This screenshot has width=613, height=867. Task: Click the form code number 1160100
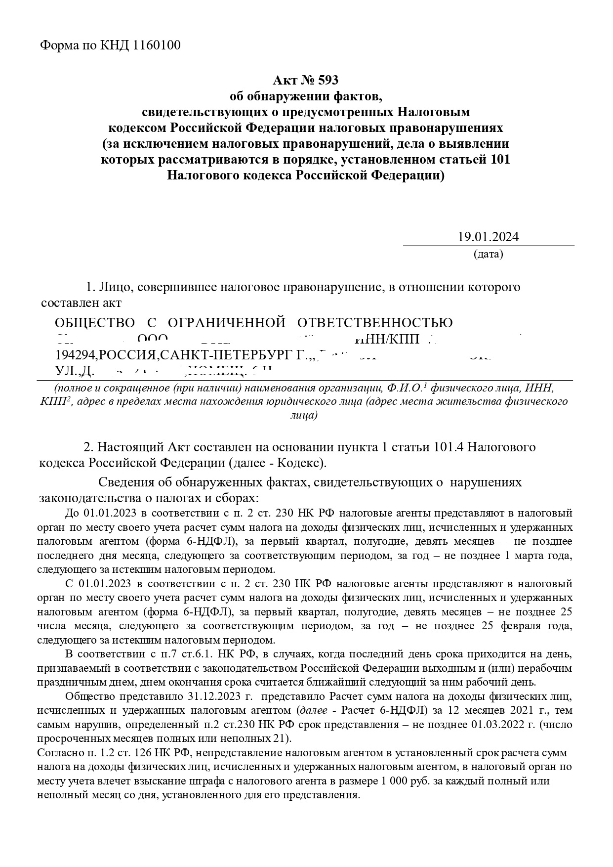[157, 45]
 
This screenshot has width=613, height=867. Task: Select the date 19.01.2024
[488, 237]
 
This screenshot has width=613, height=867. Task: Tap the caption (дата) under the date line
[488, 255]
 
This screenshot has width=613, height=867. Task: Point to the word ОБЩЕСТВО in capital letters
[94, 323]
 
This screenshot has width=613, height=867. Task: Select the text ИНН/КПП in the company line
[387, 340]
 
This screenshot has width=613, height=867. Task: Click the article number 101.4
[449, 447]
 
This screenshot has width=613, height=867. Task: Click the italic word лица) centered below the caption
[304, 415]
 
